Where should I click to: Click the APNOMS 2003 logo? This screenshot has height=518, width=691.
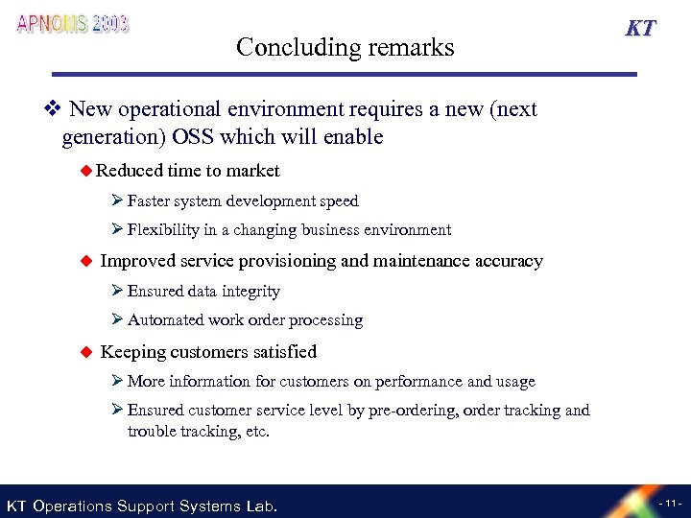click(73, 24)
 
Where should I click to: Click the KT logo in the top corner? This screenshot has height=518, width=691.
click(641, 28)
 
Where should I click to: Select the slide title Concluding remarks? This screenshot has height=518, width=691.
click(345, 46)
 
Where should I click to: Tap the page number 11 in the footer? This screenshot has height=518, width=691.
click(669, 504)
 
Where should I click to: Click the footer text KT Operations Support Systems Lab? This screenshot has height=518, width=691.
click(142, 506)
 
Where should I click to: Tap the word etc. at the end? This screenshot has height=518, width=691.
click(256, 432)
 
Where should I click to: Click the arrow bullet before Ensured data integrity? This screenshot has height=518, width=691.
click(117, 291)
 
